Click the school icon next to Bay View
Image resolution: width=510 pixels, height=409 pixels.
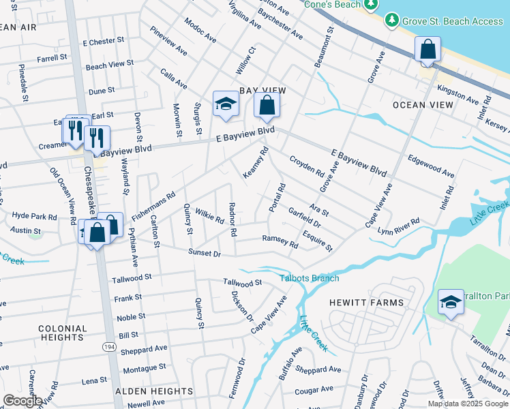click(x=226, y=104)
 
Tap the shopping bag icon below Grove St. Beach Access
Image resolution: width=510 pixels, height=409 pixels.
click(x=427, y=50)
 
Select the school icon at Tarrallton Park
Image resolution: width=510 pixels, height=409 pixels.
click(x=451, y=302)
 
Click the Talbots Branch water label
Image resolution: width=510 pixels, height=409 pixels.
click(x=309, y=278)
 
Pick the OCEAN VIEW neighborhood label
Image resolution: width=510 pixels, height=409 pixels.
click(x=423, y=105)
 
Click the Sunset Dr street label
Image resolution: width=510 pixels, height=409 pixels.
click(x=205, y=254)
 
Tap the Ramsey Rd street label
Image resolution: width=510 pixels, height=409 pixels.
click(x=280, y=241)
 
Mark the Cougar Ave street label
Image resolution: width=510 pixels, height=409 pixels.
click(x=314, y=389)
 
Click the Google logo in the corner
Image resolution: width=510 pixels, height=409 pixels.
click(x=22, y=401)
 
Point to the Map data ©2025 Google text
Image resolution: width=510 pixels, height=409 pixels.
click(x=468, y=404)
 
